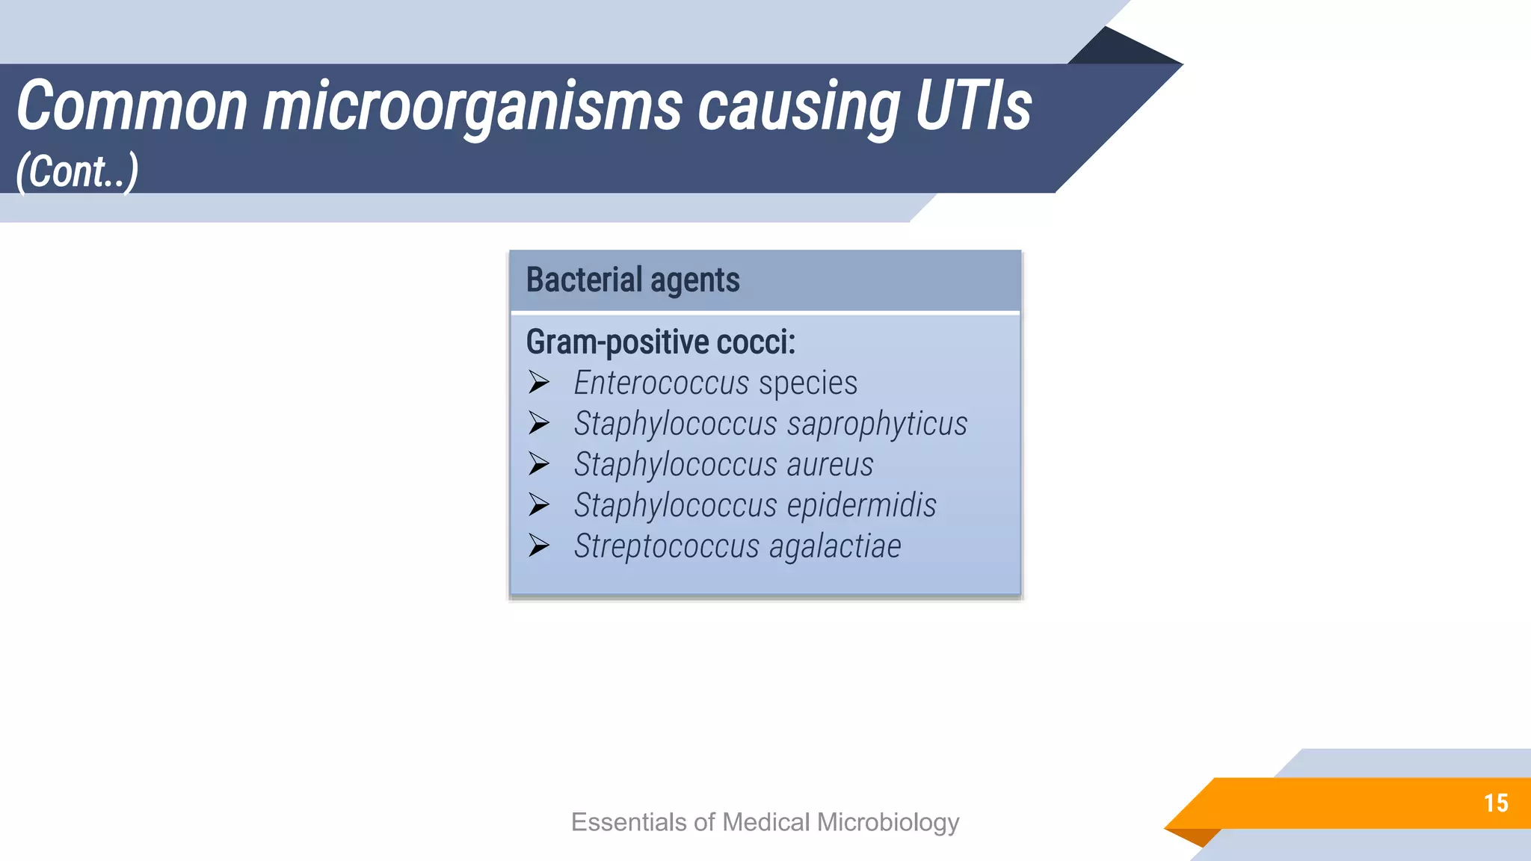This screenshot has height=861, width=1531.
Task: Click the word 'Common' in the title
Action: tap(132, 106)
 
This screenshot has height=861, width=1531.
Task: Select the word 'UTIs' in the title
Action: tap(973, 106)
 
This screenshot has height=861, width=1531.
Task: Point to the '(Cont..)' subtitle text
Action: tap(77, 172)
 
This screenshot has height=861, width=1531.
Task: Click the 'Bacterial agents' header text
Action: tap(632, 280)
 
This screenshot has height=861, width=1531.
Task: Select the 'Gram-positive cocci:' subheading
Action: tap(661, 342)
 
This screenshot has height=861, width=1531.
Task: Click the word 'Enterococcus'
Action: tap(661, 383)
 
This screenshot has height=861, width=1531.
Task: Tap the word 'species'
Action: tap(807, 383)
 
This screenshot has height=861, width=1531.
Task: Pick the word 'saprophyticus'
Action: tap(877, 424)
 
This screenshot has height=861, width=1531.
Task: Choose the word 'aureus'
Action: tap(830, 464)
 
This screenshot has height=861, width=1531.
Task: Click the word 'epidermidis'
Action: tap(861, 505)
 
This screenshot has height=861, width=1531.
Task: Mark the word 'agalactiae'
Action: tap(835, 546)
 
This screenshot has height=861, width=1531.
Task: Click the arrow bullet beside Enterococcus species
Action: tap(539, 383)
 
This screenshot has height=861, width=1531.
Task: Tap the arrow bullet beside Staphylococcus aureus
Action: tap(539, 464)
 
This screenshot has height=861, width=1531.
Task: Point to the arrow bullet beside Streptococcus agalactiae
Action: tap(539, 546)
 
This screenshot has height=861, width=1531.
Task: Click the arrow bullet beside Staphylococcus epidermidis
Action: tap(539, 504)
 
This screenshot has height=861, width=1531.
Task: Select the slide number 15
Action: tap(1496, 803)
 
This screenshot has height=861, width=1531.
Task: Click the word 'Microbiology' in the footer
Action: tap(888, 822)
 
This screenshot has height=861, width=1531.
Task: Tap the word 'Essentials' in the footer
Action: tap(629, 822)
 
